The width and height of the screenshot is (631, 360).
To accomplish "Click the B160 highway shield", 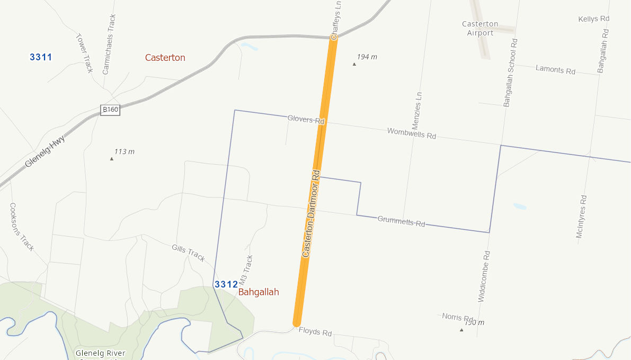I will pyautogui.click(x=110, y=110).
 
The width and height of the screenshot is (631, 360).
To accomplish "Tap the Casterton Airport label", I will pyautogui.click(x=480, y=29).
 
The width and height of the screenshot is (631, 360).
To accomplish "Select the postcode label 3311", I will pyautogui.click(x=41, y=57).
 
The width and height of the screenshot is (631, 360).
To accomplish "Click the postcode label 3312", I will pyautogui.click(x=226, y=285).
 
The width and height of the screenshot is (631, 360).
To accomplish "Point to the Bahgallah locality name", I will pyautogui.click(x=259, y=292).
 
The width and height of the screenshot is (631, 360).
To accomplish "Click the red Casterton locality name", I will pyautogui.click(x=165, y=58).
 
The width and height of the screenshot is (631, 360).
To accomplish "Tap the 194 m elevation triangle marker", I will pyautogui.click(x=354, y=64).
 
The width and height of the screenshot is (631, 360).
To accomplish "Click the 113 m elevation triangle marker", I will pyautogui.click(x=112, y=159).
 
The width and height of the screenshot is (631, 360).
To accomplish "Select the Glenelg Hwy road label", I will pyautogui.click(x=45, y=151).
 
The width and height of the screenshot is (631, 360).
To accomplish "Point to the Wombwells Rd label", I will pyautogui.click(x=412, y=133).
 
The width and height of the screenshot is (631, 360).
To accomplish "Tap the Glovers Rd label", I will pyautogui.click(x=306, y=120).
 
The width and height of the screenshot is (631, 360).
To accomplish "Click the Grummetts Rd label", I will pyautogui.click(x=401, y=221).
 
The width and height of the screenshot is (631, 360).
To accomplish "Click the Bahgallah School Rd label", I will pyautogui.click(x=510, y=73).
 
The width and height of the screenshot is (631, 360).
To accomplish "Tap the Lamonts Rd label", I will pyautogui.click(x=555, y=69).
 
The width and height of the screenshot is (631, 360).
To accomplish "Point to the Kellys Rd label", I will pyautogui.click(x=594, y=19).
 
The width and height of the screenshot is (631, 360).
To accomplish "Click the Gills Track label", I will pyautogui.click(x=189, y=253).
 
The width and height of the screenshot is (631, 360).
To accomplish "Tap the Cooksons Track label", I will pyautogui.click(x=22, y=227).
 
